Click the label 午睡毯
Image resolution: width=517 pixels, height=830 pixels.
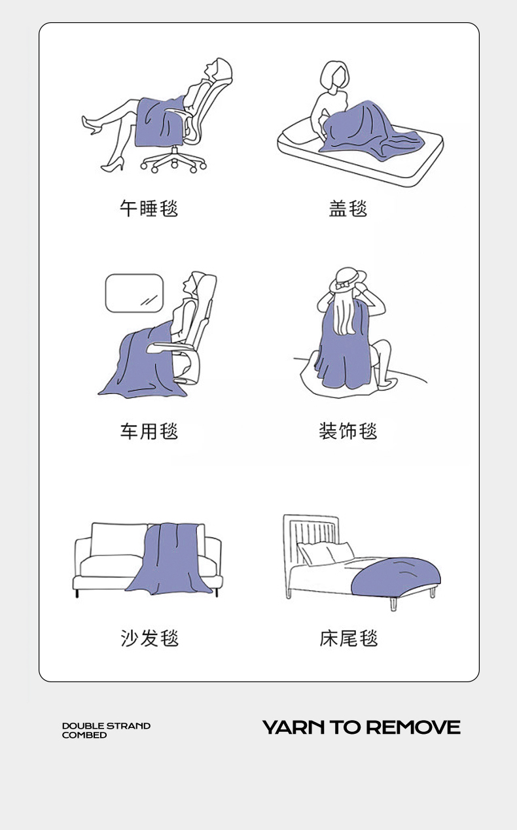149,208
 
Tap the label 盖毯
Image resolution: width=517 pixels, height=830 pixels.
348,208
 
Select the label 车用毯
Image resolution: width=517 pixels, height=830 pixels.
149,431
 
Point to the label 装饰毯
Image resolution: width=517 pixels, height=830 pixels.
348,431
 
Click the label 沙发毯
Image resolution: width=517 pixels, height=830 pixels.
149,638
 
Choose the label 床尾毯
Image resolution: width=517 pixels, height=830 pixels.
349,638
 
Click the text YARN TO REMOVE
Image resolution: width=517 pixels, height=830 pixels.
361,727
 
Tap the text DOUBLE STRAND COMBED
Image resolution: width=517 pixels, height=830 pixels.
106,731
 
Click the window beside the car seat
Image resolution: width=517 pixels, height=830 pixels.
134,293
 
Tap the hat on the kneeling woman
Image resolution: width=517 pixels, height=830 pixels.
348,279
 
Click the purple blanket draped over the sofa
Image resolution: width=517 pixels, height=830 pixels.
169,559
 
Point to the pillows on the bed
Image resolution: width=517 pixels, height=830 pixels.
326,553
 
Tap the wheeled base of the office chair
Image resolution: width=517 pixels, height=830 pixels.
173,160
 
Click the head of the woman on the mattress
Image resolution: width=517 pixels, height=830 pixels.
334,76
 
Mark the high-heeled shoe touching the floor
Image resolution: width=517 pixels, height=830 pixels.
113,165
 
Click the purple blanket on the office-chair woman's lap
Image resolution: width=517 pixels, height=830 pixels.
160,122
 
